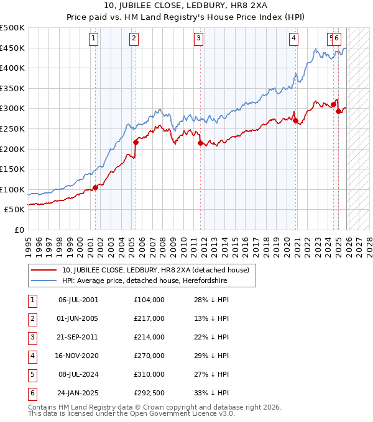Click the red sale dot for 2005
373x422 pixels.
[136, 142]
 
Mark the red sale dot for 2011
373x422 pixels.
[200, 143]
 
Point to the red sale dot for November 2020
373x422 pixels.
[296, 121]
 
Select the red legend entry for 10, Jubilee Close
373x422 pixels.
[155, 270]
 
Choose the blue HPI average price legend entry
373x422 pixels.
[144, 281]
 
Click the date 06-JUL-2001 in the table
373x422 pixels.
[78, 300]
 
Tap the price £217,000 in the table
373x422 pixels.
[149, 318]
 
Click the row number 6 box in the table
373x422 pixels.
[31, 393]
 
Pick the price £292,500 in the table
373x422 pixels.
[149, 393]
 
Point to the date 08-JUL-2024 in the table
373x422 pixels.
[78, 374]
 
